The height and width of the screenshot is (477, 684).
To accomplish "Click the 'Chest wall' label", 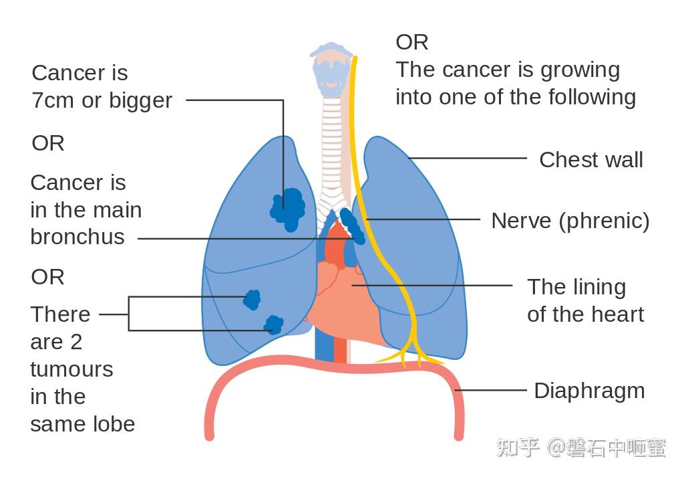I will pyautogui.click(x=590, y=160).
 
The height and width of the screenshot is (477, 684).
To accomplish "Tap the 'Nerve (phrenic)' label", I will pyautogui.click(x=570, y=221).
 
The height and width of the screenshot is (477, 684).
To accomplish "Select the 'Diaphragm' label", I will pyautogui.click(x=589, y=391).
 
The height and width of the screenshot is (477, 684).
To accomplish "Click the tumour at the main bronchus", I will pyautogui.click(x=352, y=227).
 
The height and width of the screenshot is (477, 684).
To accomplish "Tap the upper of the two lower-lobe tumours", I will pyautogui.click(x=252, y=299).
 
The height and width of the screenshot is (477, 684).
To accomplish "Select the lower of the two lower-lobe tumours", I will pyautogui.click(x=273, y=325).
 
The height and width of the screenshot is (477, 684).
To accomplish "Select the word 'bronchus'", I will pyautogui.click(x=77, y=237).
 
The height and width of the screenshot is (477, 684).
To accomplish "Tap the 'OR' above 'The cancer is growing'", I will pyautogui.click(x=411, y=42).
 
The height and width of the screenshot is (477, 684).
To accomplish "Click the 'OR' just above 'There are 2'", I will pyautogui.click(x=47, y=277).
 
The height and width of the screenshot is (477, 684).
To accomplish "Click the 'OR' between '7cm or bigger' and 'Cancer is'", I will pyautogui.click(x=47, y=143).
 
